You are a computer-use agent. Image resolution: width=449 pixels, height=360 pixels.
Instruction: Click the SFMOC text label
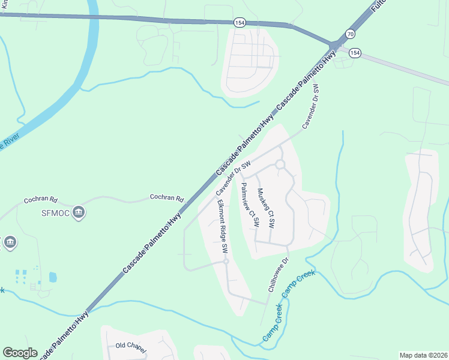coord(56,212)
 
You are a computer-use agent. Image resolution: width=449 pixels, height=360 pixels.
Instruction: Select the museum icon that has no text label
coord(10,242)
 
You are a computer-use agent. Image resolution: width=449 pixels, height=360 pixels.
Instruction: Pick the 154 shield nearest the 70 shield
coord(355,53)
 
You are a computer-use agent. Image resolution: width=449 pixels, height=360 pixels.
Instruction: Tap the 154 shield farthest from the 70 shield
coord(240,22)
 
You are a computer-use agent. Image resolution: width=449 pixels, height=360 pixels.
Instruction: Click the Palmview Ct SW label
coord(249,204)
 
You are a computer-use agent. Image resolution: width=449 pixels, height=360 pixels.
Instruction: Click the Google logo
coord(20,353)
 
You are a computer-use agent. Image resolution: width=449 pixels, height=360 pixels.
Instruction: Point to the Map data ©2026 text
coord(423,355)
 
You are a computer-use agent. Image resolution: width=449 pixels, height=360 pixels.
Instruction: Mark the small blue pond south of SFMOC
coord(53,277)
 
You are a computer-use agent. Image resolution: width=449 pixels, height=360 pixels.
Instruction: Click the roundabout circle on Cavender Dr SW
coord(280,164)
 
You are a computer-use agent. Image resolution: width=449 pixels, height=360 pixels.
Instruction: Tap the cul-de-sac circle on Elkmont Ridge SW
coord(226,261)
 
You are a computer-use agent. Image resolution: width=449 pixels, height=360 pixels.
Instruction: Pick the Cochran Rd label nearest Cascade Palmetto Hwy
coord(166,197)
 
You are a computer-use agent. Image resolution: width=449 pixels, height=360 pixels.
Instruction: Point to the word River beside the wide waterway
coord(10,143)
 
